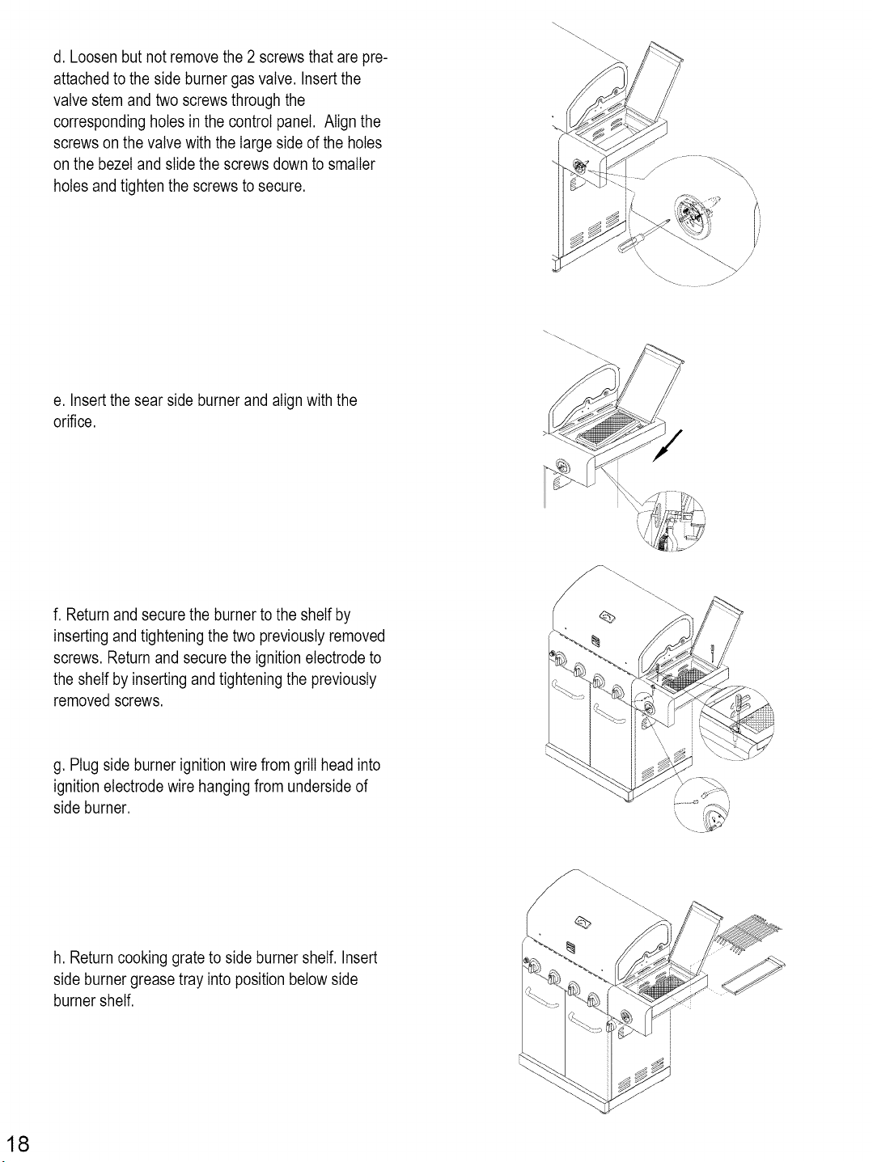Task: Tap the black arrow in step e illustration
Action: pyautogui.click(x=667, y=446)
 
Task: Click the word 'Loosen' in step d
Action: pyautogui.click(x=93, y=57)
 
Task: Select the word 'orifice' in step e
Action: pyautogui.click(x=73, y=422)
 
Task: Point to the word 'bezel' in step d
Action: pyautogui.click(x=116, y=164)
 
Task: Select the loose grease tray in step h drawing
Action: pyautogui.click(x=753, y=975)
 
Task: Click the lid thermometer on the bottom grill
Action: pyautogui.click(x=583, y=922)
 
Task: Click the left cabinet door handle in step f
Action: pyautogui.click(x=568, y=691)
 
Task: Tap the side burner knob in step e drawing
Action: pyautogui.click(x=562, y=467)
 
